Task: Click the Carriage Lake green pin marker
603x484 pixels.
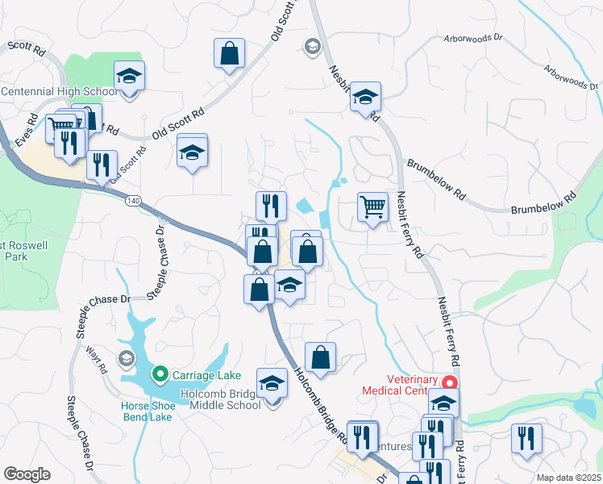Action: pos(160,374)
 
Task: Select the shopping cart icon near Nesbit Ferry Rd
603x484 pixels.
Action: pos(372,207)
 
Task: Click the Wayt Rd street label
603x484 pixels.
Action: pos(96,358)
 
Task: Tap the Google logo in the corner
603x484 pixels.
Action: pos(27,474)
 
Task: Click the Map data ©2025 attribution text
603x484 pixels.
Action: pos(568,478)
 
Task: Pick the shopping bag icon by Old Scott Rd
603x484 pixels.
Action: pos(230,55)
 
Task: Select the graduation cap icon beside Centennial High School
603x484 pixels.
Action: pos(129,77)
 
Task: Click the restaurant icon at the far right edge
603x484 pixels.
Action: pos(527,439)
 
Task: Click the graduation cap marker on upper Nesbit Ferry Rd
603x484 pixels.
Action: pos(365,98)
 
